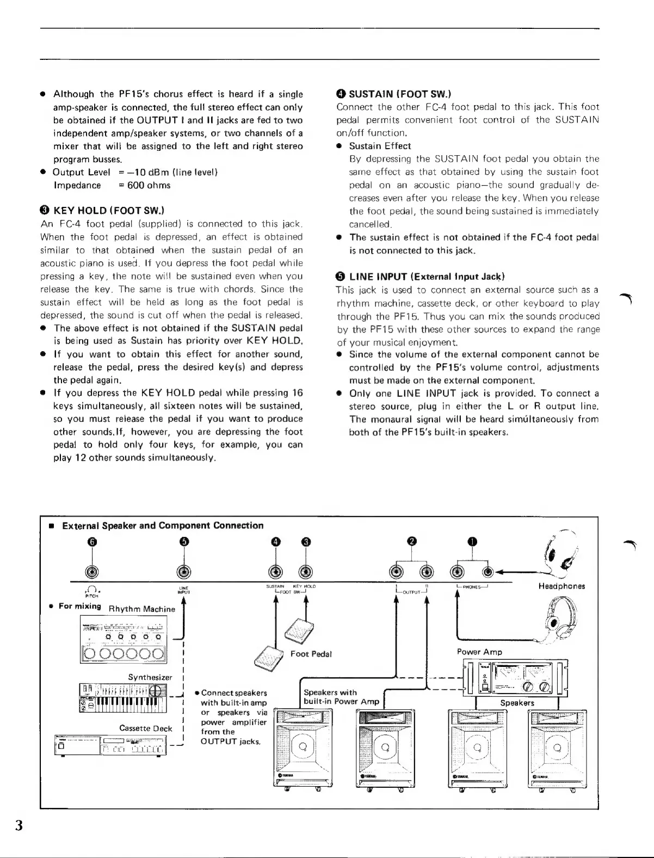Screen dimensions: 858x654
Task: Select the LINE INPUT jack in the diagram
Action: click(x=184, y=571)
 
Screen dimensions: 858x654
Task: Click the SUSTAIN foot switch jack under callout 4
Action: click(x=276, y=571)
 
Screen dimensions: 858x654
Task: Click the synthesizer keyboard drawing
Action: click(x=124, y=697)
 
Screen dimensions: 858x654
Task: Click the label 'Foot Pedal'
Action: click(x=311, y=653)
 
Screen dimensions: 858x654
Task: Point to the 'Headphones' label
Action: click(x=561, y=586)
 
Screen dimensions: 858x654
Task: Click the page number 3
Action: click(x=19, y=825)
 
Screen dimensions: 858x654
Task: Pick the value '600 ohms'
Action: click(x=149, y=185)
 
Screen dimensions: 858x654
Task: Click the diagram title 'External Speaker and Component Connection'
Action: click(x=163, y=525)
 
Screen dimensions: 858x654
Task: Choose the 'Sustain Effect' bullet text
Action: click(x=380, y=146)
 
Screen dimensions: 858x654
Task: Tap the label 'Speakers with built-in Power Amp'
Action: click(x=341, y=697)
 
